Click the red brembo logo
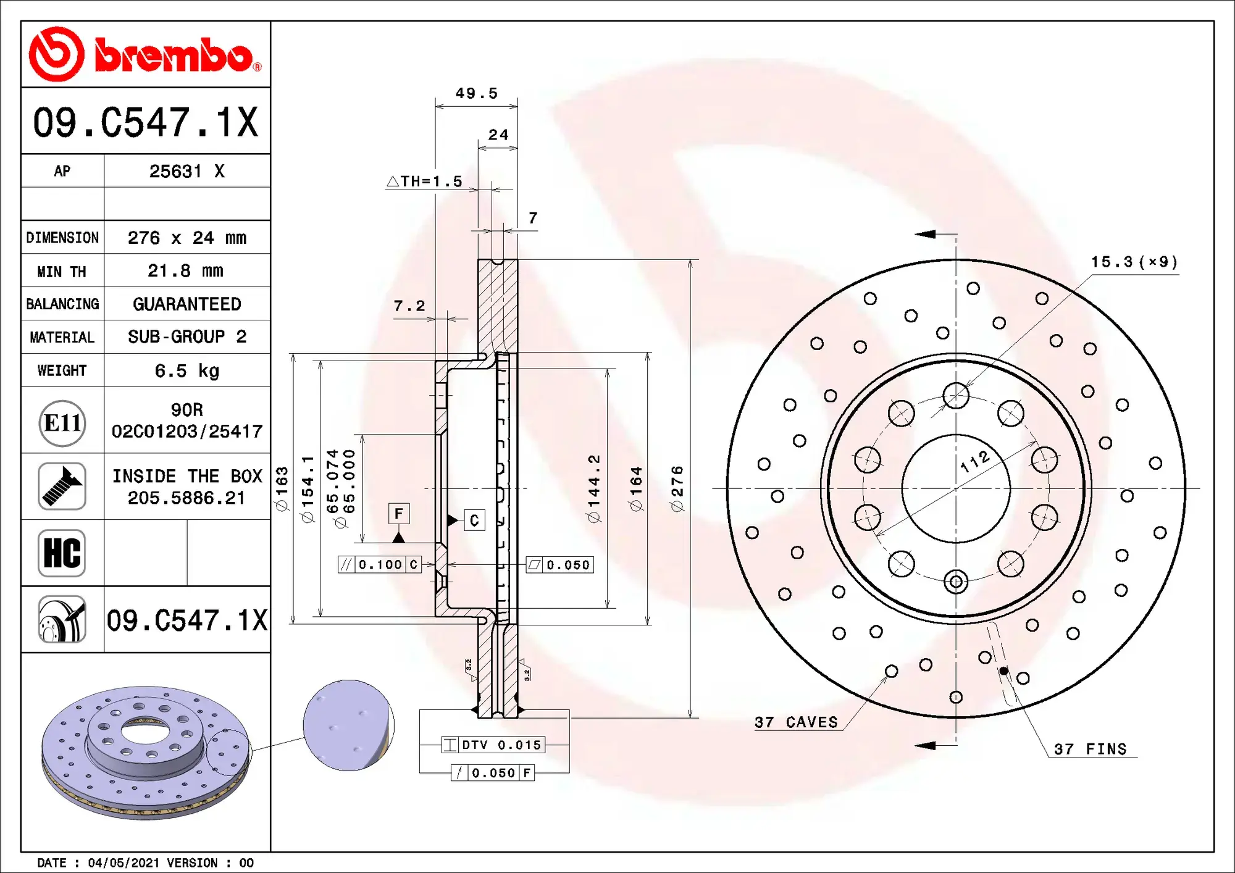tap(145, 54)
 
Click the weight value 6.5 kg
tap(186, 370)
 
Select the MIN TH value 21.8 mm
tap(185, 270)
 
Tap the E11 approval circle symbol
tap(62, 423)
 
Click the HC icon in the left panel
tap(62, 553)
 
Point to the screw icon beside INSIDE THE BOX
tap(62, 487)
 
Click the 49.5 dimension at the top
tap(476, 93)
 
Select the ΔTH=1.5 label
tap(425, 182)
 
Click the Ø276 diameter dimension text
tap(677, 488)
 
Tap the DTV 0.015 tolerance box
tap(493, 745)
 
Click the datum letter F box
tap(398, 514)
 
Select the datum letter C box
tap(474, 520)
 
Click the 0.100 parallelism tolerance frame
tap(380, 564)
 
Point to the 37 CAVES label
tap(796, 722)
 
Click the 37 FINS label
tap(1090, 749)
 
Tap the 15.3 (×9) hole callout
tap(1134, 262)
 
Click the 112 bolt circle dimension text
tap(976, 461)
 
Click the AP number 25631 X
tap(186, 171)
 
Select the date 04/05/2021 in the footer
tap(124, 863)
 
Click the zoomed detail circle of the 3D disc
tap(349, 725)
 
